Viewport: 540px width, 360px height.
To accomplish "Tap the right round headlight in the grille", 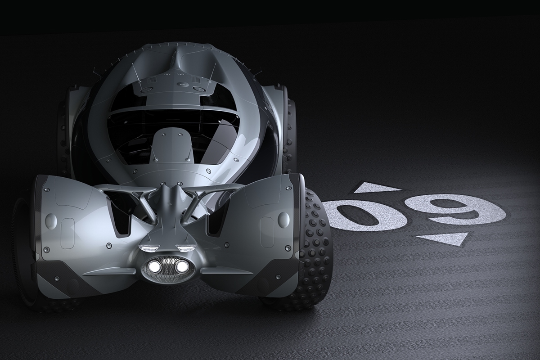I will tap(182, 267).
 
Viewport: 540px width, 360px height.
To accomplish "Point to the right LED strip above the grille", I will tap(185, 248).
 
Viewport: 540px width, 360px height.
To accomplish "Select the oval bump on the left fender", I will tap(51, 220).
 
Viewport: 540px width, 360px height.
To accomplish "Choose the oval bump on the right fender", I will tap(283, 219).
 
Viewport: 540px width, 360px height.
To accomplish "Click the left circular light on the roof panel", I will tap(146, 90).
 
